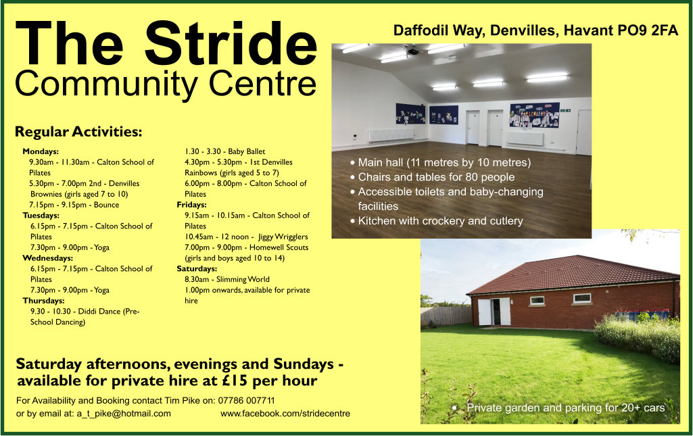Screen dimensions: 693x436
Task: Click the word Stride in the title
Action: [x=231, y=43]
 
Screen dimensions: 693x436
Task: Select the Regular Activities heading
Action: [x=78, y=132]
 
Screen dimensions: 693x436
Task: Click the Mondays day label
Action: [x=41, y=151]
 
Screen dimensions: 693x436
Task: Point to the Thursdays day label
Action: [x=44, y=300]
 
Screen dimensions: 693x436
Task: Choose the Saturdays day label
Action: [x=197, y=268]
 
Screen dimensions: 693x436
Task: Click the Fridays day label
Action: [x=192, y=205]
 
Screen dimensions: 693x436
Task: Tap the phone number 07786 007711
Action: [x=246, y=400]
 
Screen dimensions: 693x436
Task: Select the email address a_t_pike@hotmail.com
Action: [x=124, y=414]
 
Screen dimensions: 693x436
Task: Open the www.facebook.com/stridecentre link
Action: [x=285, y=414]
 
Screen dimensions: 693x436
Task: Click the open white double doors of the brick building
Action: [x=494, y=312]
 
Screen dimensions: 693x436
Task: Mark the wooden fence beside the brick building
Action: [x=446, y=316]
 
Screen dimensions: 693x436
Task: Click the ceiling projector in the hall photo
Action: [x=414, y=51]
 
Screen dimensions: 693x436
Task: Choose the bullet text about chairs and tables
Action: [x=436, y=177]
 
